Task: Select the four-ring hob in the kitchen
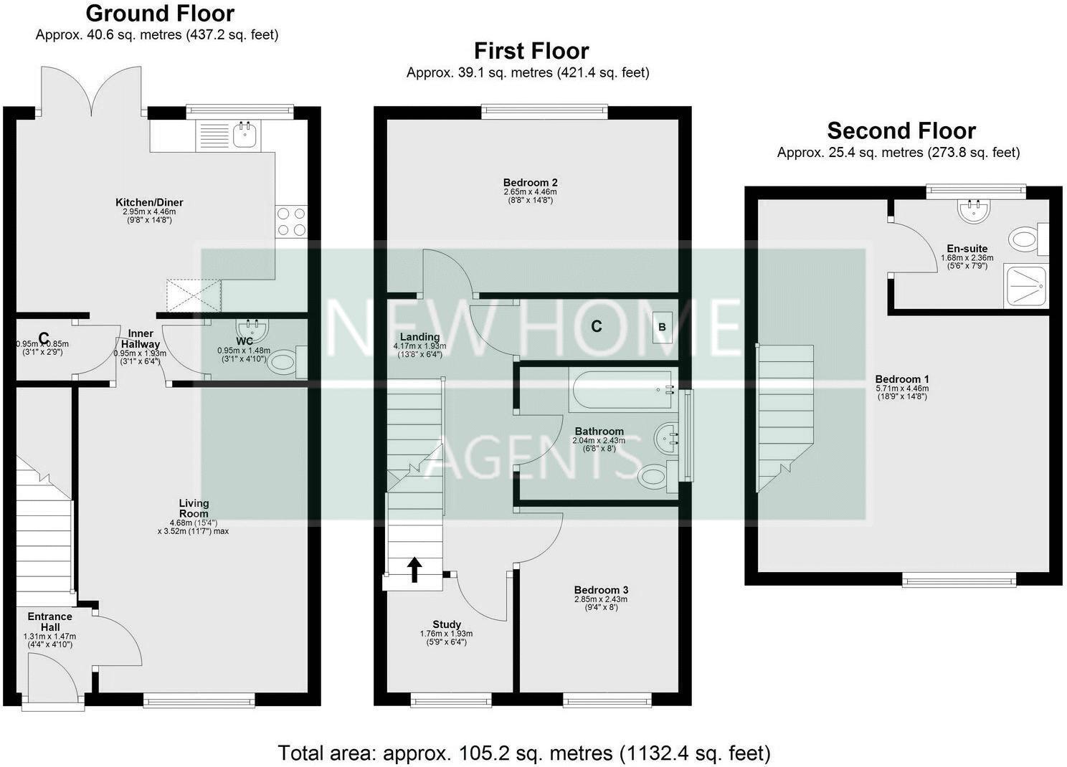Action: point(291,221)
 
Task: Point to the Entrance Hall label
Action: point(49,621)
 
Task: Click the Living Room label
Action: point(194,508)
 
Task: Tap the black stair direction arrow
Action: point(414,571)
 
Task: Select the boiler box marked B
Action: point(662,327)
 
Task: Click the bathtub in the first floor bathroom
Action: point(622,389)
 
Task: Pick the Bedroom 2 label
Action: point(530,183)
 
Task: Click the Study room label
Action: point(446,624)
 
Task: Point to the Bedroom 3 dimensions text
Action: point(600,603)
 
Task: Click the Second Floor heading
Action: point(901,131)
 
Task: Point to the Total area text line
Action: point(523,753)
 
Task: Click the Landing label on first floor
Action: point(419,337)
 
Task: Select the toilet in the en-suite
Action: point(1025,239)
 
